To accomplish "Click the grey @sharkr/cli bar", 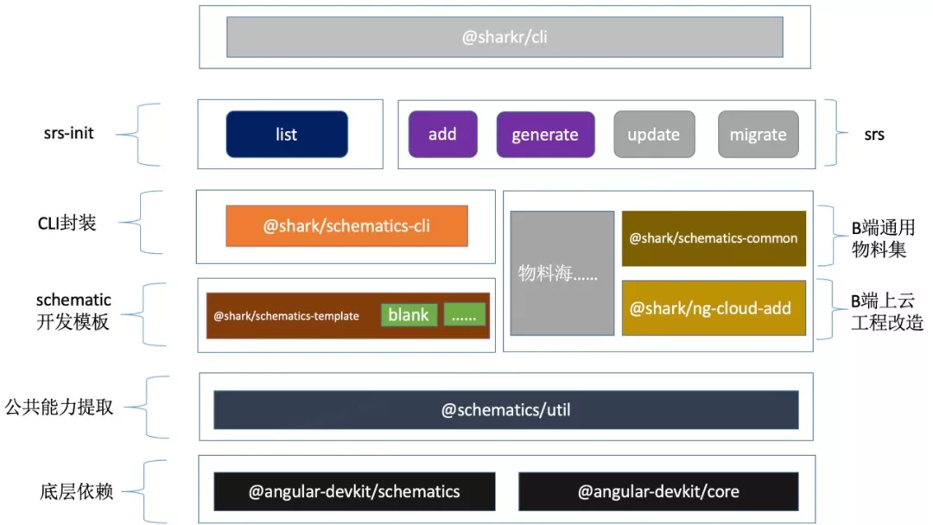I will pos(505,37).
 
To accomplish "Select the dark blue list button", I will pos(287,135).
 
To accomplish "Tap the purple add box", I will pos(442,135).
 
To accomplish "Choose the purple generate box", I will pos(545,135).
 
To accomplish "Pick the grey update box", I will pos(653,135).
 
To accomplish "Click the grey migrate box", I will pos(758,135).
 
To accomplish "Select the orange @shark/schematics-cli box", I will pos(346,226).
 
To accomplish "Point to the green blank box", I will pos(409,315).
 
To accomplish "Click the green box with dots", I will pos(465,315).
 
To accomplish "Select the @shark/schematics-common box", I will pos(714,238).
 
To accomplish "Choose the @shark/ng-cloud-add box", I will pos(714,308).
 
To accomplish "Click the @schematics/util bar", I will pos(505,410).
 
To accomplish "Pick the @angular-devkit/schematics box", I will pos(354,491).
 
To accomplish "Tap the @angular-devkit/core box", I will pos(658,491).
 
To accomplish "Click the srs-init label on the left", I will pos(68,134).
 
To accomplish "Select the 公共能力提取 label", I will pos(59,407).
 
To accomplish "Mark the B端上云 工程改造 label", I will pos(886,312).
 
